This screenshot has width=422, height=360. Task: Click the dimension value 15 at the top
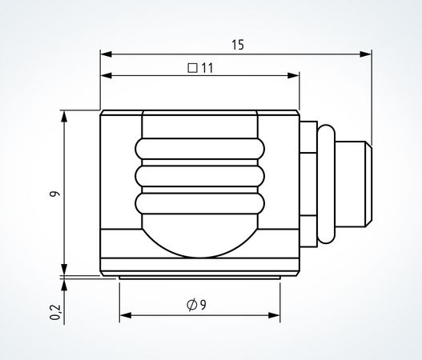point(238,45)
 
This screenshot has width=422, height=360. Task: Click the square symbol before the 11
point(192,69)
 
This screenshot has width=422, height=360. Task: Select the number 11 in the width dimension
point(207,69)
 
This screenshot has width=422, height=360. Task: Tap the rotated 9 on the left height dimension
point(54,194)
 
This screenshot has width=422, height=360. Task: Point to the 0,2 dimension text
point(55,312)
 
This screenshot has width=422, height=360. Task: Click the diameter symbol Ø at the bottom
point(192,304)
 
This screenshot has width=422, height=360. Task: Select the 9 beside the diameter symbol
point(204,304)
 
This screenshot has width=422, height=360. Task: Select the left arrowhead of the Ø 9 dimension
point(124,314)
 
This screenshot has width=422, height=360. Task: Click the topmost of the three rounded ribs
point(199,149)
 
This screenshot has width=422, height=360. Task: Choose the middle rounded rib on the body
point(199,175)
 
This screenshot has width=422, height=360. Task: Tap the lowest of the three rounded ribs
point(199,203)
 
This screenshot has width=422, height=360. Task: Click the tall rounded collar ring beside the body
point(326,183)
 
